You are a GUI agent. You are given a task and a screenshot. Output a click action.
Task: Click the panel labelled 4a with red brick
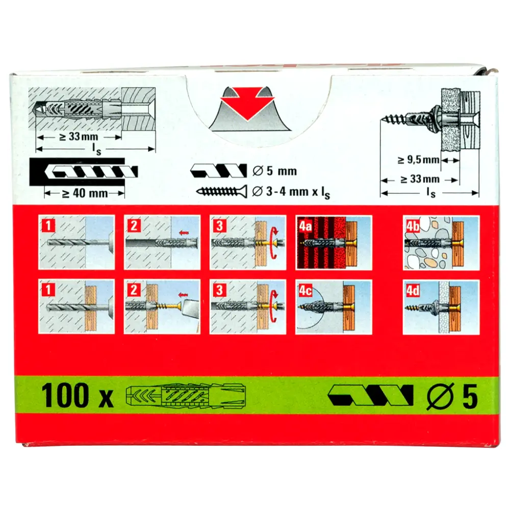[334, 242]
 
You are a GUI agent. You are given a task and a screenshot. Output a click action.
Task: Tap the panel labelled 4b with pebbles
[441, 242]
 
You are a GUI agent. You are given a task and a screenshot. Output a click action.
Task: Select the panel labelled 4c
[334, 307]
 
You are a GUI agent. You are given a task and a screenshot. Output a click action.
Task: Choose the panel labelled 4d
[441, 307]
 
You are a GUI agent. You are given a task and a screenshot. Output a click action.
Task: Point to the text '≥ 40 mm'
[85, 193]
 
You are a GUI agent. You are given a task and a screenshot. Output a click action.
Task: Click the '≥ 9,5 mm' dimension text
[418, 160]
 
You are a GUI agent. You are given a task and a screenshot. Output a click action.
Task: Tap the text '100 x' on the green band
[77, 396]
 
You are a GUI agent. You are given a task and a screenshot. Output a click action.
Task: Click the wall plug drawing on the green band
[186, 396]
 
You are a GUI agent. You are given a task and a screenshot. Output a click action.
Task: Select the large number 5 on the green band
[470, 396]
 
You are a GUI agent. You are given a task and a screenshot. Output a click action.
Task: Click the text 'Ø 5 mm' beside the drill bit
[274, 171]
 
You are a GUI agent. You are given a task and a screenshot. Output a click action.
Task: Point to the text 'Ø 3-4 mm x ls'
[291, 192]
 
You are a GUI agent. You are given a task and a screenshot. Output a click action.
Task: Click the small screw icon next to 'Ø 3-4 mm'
[221, 192]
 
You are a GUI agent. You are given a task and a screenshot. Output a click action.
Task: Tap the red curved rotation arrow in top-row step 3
[274, 243]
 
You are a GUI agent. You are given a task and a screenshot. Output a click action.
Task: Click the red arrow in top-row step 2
[184, 232]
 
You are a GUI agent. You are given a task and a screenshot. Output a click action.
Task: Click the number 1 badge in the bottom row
[48, 289]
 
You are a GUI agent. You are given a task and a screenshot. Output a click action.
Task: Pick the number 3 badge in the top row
[219, 225]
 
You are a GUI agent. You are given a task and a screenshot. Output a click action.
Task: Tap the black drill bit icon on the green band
[370, 396]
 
